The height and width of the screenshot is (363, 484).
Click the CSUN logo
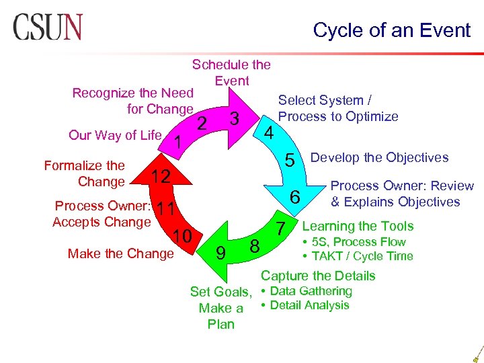click(47, 28)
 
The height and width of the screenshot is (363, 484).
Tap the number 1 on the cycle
click(177, 142)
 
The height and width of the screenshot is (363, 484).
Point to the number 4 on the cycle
click(269, 132)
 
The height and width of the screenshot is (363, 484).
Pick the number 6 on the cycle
click(294, 198)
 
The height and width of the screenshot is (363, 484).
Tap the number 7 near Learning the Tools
click(282, 227)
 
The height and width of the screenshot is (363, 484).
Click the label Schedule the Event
click(231, 73)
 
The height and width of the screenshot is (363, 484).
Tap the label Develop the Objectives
click(379, 157)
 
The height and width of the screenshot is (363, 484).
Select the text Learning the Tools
click(358, 227)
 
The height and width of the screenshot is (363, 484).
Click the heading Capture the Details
click(318, 276)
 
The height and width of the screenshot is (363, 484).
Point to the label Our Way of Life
click(115, 135)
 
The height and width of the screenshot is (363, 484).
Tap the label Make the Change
click(120, 253)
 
